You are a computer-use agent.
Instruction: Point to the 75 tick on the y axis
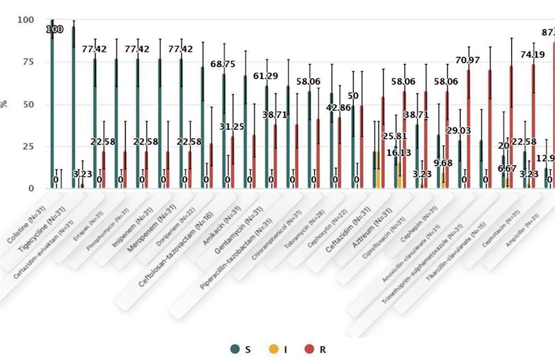(27, 62)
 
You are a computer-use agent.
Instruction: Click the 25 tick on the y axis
(27, 146)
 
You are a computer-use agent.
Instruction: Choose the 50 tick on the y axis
(27, 104)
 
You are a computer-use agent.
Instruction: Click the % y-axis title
(5, 104)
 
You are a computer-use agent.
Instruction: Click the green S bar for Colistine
(53, 108)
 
